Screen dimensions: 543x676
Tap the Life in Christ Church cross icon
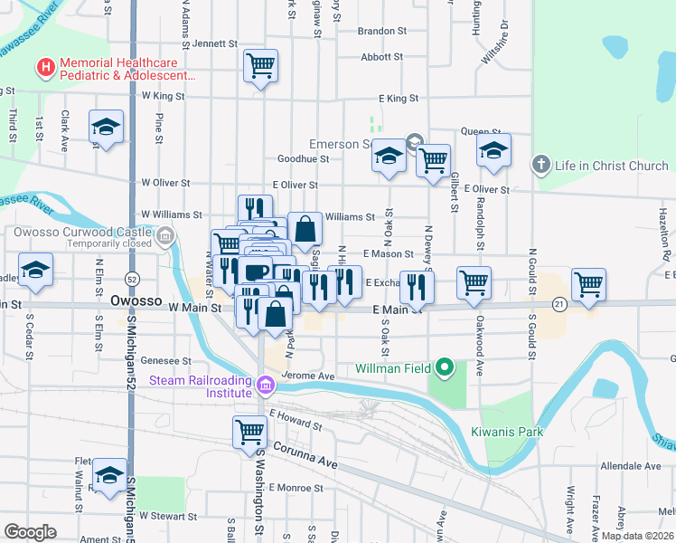[x=540, y=165]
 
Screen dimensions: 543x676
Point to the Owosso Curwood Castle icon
[x=164, y=238]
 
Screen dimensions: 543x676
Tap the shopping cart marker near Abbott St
[x=260, y=65]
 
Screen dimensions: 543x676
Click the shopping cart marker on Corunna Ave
[x=249, y=432]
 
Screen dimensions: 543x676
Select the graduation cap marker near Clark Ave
[x=106, y=127]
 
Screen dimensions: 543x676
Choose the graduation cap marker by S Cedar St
[x=36, y=270]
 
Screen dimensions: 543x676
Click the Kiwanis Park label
[x=507, y=432]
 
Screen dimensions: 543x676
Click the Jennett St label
[x=214, y=43]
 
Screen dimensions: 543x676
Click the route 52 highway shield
[x=133, y=278]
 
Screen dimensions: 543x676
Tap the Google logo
[x=31, y=532]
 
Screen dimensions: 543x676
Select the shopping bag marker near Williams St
[x=305, y=229]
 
